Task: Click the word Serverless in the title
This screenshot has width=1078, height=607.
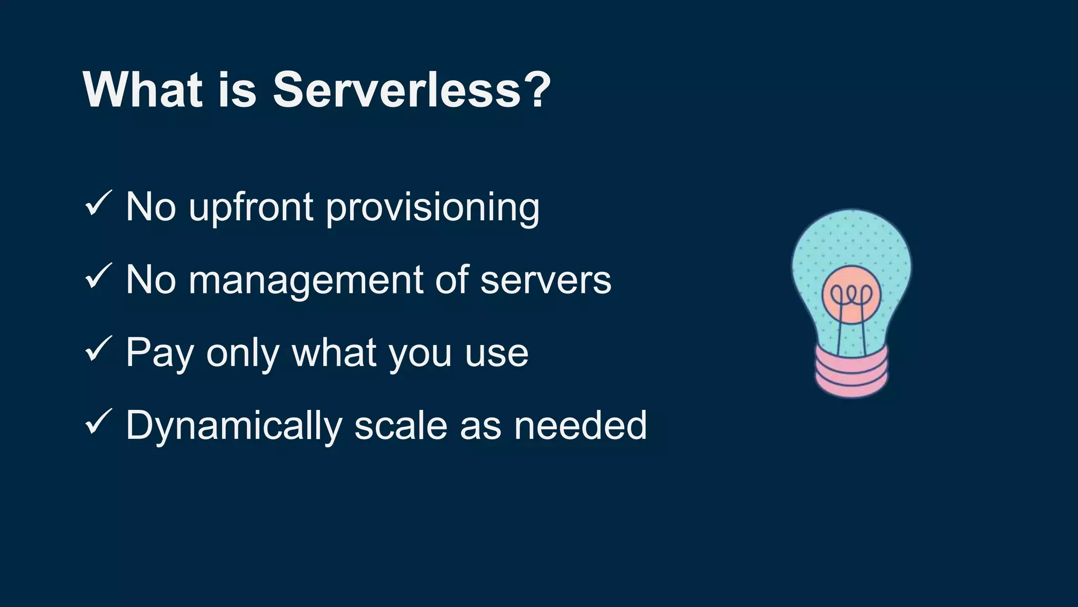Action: pyautogui.click(x=396, y=90)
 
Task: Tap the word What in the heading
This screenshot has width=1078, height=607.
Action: pyautogui.click(x=143, y=90)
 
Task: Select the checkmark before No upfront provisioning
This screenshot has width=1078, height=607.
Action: pyautogui.click(x=98, y=203)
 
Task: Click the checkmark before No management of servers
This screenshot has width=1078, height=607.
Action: pyautogui.click(x=98, y=276)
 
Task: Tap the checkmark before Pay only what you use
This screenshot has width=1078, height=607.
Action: pyautogui.click(x=98, y=349)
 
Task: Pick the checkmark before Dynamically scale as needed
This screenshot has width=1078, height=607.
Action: pyautogui.click(x=98, y=422)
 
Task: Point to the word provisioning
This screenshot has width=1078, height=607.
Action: pyautogui.click(x=433, y=208)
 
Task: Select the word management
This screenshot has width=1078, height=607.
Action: pyautogui.click(x=305, y=281)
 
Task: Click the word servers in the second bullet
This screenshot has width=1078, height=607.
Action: pyautogui.click(x=546, y=281)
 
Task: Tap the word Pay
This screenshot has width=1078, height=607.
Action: pyautogui.click(x=159, y=354)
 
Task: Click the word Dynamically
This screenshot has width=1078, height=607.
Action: pyautogui.click(x=234, y=426)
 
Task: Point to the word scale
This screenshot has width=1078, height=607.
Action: pyautogui.click(x=401, y=426)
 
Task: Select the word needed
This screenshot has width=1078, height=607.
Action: pyautogui.click(x=580, y=426)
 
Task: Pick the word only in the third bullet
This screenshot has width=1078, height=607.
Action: pyautogui.click(x=243, y=354)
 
